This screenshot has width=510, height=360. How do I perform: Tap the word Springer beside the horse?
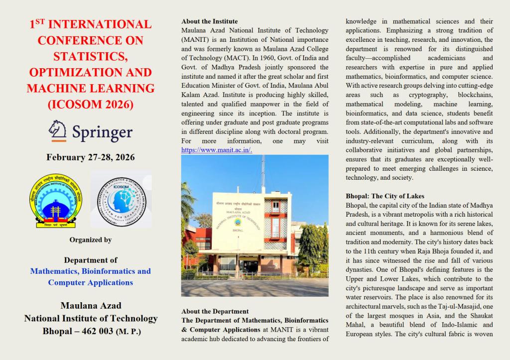(102, 132)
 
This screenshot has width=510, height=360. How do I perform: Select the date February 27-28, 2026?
(90, 157)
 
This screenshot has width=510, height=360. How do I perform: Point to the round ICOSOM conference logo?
(122, 198)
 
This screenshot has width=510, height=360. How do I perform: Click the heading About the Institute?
(210, 21)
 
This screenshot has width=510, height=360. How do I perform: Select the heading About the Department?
(215, 311)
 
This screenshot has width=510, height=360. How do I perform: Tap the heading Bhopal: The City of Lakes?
(385, 196)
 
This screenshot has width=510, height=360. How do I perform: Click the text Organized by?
(90, 240)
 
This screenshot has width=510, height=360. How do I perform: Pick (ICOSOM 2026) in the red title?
(90, 105)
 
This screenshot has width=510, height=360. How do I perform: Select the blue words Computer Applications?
(90, 282)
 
